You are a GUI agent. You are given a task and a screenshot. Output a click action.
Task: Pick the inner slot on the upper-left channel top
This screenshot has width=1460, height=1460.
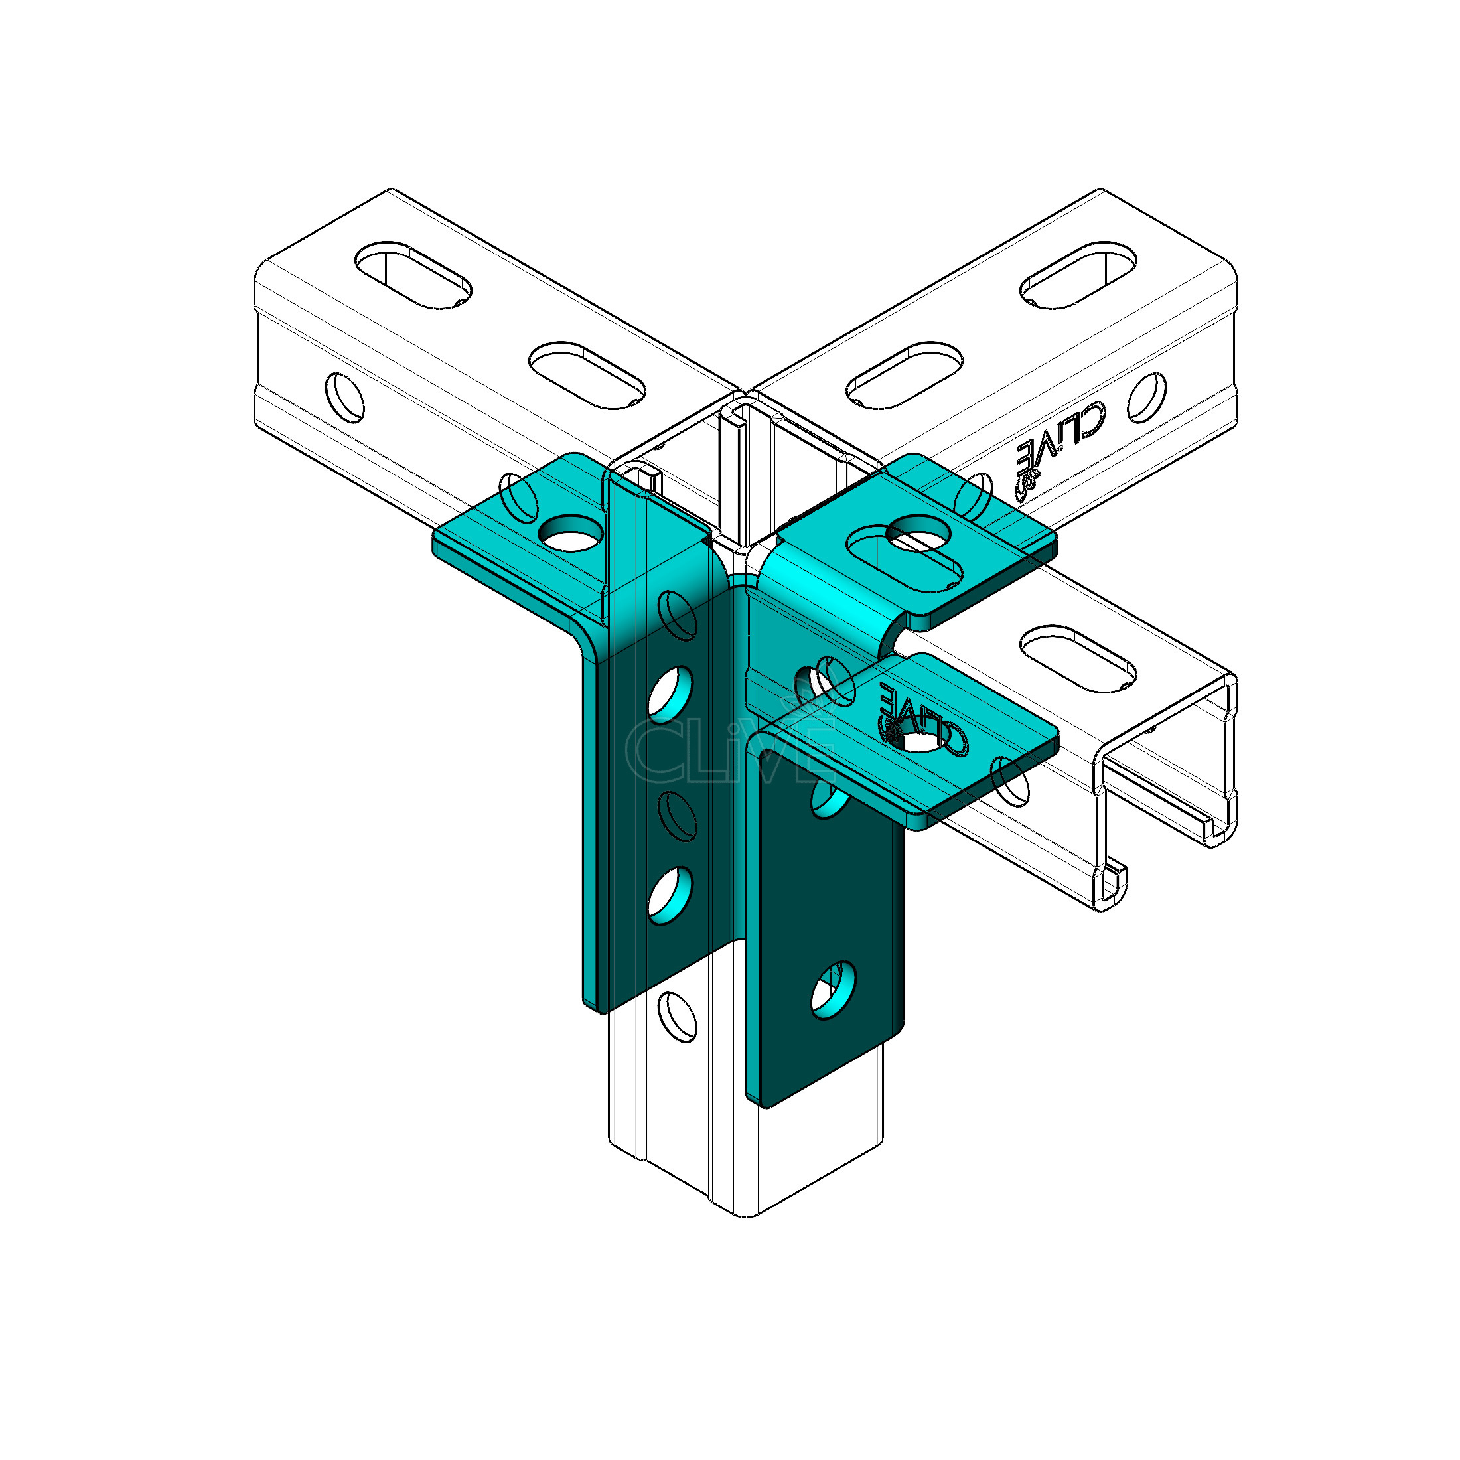(587, 376)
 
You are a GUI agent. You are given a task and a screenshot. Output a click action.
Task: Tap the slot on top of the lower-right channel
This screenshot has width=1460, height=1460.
(1078, 658)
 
